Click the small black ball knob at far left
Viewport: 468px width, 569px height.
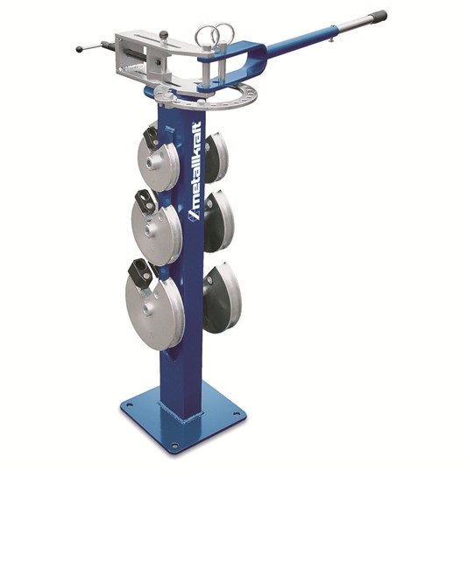tap(80, 49)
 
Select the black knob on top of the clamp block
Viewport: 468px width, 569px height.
tap(163, 35)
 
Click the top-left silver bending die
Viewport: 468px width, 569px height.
tap(158, 162)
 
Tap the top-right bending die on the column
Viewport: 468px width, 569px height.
tap(215, 158)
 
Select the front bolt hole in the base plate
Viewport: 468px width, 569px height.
tap(174, 446)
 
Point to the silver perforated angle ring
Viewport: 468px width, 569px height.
tap(215, 99)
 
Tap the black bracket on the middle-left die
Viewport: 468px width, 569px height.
tap(146, 201)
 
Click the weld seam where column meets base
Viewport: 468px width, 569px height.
tap(182, 410)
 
